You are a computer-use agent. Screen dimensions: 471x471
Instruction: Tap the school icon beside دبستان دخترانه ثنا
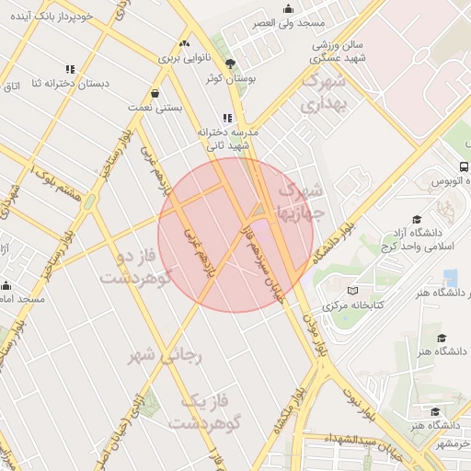[71, 69]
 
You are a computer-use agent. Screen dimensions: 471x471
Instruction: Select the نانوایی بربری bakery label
[187, 58]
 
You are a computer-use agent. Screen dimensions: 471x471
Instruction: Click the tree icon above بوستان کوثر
[229, 63]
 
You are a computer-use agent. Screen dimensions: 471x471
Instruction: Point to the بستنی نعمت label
[155, 108]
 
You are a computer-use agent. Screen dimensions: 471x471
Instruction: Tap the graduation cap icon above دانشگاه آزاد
[417, 219]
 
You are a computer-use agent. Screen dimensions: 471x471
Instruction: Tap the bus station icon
[463, 167]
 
